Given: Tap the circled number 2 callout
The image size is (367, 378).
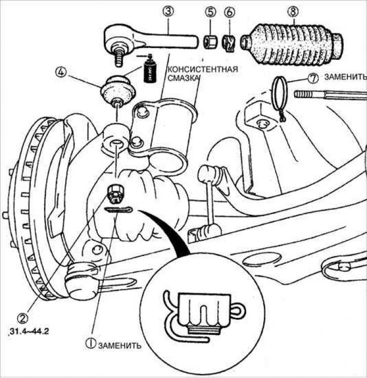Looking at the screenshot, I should (22, 318).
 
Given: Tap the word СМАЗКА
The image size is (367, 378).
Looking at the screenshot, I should (181, 79).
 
